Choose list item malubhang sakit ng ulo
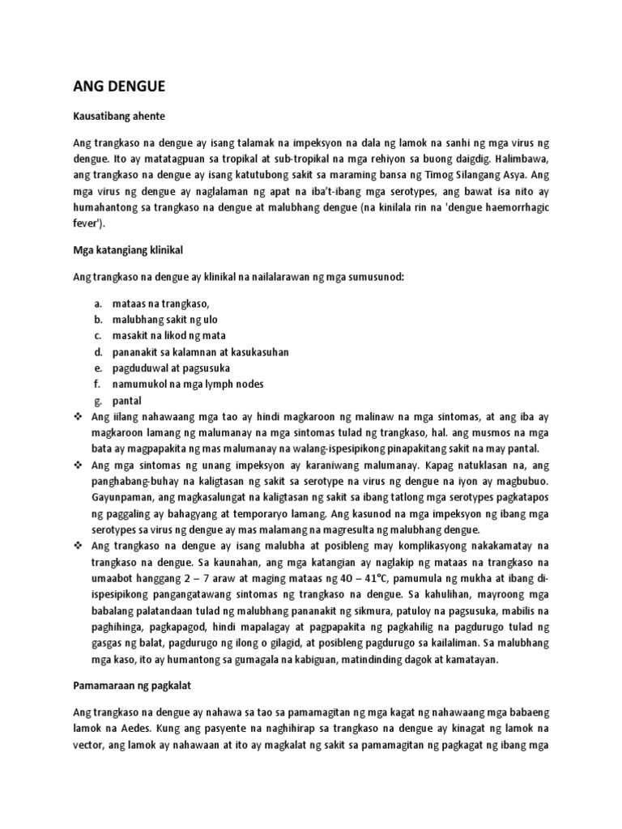161,319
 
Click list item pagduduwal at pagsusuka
165,368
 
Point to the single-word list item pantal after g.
125,401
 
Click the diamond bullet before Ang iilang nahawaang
79,417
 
